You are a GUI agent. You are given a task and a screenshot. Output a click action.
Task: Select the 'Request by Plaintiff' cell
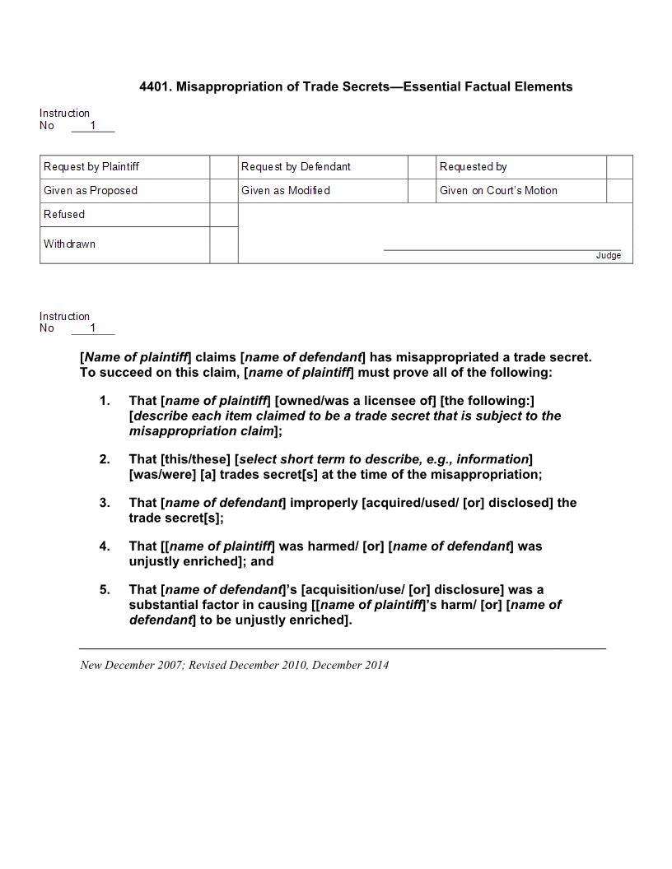coord(91,167)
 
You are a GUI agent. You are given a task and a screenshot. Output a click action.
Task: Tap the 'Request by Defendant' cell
coord(296,167)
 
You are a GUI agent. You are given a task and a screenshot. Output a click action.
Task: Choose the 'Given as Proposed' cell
coord(91,191)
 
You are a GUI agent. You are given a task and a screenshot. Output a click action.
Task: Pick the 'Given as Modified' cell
coord(286,191)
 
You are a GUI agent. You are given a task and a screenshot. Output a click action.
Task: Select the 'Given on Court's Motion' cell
coord(498,191)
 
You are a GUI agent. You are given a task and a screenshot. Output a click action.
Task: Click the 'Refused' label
coord(64,215)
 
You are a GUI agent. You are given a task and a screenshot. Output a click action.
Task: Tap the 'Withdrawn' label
coord(69,244)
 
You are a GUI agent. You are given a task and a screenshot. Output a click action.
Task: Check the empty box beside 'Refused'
coord(223,215)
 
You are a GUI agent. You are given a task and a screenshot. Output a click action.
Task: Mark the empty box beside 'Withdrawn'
coord(223,244)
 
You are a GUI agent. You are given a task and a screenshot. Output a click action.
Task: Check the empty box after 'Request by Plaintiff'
coord(223,167)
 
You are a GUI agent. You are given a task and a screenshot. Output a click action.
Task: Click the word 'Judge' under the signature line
coord(609,256)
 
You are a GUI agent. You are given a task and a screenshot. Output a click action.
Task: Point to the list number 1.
coord(104,401)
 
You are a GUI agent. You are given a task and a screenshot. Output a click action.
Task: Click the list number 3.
coord(104,503)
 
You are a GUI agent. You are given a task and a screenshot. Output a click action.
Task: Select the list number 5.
coord(104,590)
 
